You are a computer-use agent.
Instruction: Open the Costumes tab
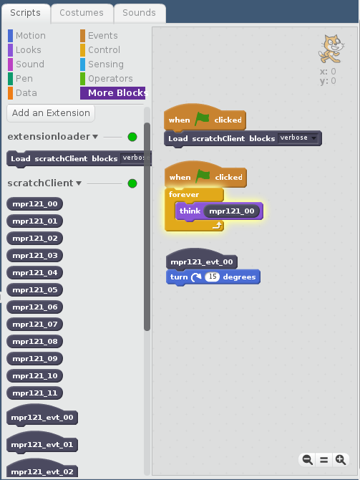coord(82,13)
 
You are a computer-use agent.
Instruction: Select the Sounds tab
coord(140,13)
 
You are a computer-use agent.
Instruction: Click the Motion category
coord(27,36)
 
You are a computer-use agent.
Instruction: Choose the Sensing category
coord(102,64)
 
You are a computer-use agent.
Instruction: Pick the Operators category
coord(107,79)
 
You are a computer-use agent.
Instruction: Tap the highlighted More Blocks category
coord(112,93)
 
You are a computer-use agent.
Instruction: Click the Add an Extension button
coord(51,113)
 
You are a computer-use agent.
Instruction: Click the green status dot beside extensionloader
coord(132,137)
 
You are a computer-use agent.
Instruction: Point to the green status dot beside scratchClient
coord(132,183)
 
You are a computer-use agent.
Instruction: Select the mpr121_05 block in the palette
coord(35,290)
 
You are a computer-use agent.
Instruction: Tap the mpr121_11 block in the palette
coord(35,393)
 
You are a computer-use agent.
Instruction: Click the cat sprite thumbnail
coord(331,49)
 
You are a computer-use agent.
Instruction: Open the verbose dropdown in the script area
coord(298,138)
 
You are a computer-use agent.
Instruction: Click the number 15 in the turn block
coord(213,277)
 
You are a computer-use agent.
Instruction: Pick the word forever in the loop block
coord(184,195)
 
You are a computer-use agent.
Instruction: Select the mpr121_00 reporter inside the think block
coord(232,211)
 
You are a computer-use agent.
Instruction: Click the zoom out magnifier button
coord(307,460)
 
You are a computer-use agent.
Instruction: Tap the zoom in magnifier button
coord(341,460)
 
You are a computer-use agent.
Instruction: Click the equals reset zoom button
coord(324,460)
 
